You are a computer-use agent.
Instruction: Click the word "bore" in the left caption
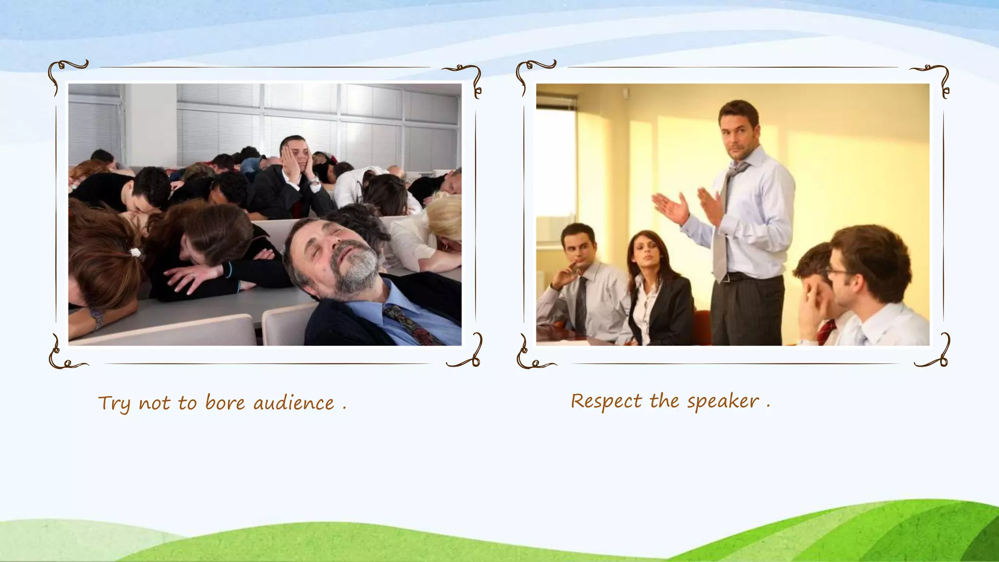225,403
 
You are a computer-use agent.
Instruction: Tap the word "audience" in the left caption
294,403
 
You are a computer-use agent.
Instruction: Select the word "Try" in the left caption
114,404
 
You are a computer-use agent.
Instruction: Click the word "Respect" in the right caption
606,401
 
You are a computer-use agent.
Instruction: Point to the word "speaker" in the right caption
723,401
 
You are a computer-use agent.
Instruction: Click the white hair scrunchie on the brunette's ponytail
135,252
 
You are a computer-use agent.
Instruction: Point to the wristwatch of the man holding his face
315,182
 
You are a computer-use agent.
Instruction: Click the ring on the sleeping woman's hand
192,276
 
